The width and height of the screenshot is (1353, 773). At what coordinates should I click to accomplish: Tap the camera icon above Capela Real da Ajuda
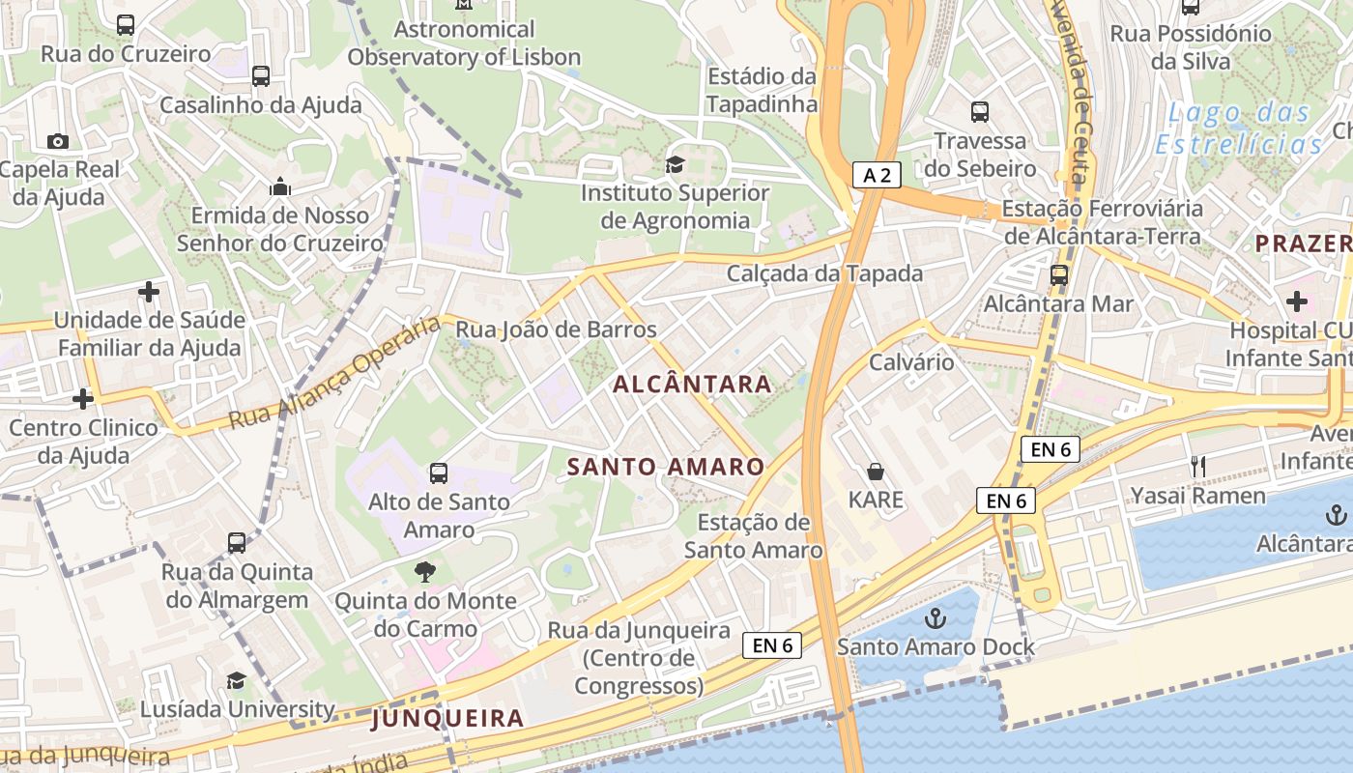tap(57, 142)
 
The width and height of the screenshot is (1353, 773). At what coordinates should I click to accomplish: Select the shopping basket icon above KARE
tap(876, 472)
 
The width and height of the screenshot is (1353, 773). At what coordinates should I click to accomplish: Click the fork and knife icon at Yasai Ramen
tap(1198, 467)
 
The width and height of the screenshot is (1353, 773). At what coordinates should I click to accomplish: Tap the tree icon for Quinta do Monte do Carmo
tap(424, 572)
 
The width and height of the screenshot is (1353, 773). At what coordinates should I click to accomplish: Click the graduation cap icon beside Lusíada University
tap(236, 681)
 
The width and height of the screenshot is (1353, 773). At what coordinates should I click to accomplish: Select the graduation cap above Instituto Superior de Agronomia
tap(674, 164)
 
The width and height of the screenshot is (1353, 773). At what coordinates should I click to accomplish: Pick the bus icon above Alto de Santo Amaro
tap(439, 472)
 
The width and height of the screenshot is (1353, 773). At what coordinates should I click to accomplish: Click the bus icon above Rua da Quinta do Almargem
tap(237, 543)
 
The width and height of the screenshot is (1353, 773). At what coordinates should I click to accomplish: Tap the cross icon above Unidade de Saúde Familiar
tap(149, 291)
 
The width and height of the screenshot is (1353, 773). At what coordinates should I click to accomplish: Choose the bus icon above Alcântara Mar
tap(1059, 275)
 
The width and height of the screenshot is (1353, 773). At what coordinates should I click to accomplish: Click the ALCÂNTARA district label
tap(693, 385)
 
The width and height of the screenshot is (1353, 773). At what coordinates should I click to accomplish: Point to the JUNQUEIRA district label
tap(447, 718)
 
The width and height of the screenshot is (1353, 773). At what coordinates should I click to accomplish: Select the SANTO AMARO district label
tap(666, 467)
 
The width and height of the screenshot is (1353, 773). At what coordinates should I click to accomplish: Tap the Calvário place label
tap(911, 362)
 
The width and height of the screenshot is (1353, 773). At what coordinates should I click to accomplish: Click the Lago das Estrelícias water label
tap(1240, 129)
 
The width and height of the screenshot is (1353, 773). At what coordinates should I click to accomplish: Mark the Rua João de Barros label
tap(556, 329)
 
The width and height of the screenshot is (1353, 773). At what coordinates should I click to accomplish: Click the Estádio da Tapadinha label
tap(763, 90)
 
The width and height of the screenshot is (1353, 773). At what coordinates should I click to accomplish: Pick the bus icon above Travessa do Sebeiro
tap(980, 112)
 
